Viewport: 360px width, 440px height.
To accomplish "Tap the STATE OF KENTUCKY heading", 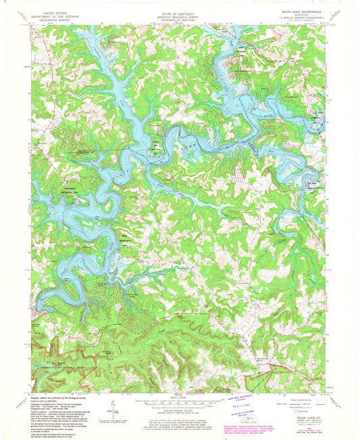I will coord(179,12).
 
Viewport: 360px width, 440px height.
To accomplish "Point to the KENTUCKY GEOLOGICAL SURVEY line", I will coord(179,16).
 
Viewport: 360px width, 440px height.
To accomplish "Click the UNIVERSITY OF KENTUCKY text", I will coord(179,19).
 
